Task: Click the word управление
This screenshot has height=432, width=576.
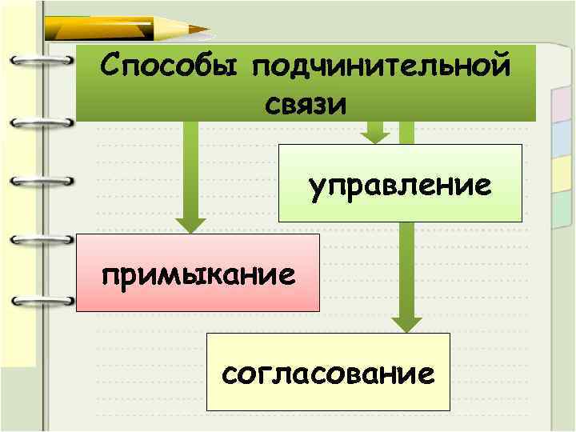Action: (400, 186)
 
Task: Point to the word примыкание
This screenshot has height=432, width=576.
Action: (197, 274)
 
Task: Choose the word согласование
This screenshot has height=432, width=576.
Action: (329, 373)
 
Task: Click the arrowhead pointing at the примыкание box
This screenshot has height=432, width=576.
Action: (190, 226)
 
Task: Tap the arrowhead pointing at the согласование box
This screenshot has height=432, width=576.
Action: (406, 324)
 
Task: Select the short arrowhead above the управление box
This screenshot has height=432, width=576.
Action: (374, 134)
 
